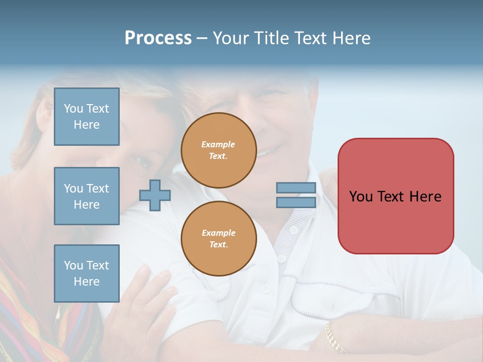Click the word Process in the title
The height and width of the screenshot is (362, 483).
[x=158, y=38]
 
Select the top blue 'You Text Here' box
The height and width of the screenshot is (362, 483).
[x=87, y=117]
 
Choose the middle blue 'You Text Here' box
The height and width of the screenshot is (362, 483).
[x=87, y=196]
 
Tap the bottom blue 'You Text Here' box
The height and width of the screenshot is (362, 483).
[x=87, y=274]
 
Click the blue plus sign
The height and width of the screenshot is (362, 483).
[x=154, y=195]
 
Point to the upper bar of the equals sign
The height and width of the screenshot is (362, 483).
[x=296, y=188]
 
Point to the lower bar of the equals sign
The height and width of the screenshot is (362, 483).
[x=296, y=202]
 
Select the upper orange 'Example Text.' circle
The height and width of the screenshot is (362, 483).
[x=219, y=150]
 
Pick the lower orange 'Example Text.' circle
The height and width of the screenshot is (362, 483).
[x=219, y=239]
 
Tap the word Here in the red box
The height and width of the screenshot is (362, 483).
[x=425, y=197]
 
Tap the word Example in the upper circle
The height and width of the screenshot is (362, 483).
[x=218, y=144]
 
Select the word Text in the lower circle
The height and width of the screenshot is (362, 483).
[x=218, y=245]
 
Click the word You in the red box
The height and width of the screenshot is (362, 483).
[x=360, y=197]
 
